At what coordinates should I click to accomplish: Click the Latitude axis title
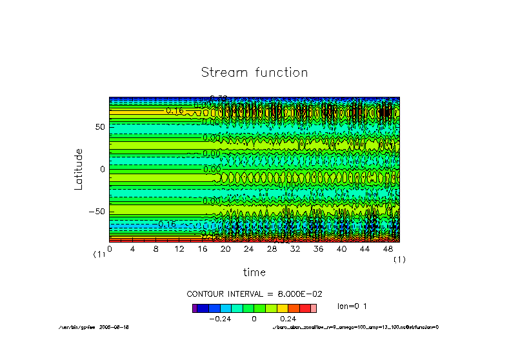pyautogui.click(x=79, y=168)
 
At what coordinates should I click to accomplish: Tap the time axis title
pyautogui.click(x=254, y=272)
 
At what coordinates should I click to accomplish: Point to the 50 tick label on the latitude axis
pyautogui.click(x=99, y=127)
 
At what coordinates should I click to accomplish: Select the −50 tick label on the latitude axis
pyautogui.click(x=97, y=211)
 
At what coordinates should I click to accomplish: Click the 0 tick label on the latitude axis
pyautogui.click(x=102, y=169)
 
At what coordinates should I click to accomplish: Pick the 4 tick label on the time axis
pyautogui.click(x=132, y=248)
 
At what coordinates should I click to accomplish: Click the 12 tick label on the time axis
pyautogui.click(x=179, y=248)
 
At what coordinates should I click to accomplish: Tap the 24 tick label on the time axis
pyautogui.click(x=248, y=248)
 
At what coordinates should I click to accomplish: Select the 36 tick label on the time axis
pyautogui.click(x=318, y=248)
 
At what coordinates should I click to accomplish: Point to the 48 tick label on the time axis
pyautogui.click(x=388, y=248)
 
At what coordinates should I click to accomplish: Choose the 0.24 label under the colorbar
pyautogui.click(x=288, y=319)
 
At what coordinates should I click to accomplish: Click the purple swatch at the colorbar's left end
pyautogui.click(x=195, y=308)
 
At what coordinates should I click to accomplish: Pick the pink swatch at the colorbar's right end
pyautogui.click(x=314, y=308)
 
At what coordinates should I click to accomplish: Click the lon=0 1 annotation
pyautogui.click(x=352, y=306)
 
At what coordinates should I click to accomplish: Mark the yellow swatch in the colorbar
pyautogui.click(x=282, y=308)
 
